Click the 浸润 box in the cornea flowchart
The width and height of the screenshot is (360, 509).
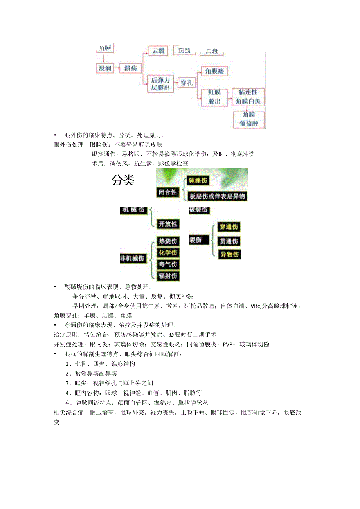tap(105, 68)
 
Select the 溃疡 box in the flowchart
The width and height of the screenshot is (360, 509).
tap(130, 68)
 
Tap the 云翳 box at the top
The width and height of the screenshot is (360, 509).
tap(158, 50)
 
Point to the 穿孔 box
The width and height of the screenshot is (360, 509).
tap(187, 83)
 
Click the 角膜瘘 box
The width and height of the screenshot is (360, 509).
tap(214, 71)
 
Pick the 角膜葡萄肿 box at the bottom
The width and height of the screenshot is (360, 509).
tap(248, 119)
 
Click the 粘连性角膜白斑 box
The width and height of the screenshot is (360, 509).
tap(248, 97)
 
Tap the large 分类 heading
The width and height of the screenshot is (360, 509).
tap(123, 181)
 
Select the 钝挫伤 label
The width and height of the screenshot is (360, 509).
tap(198, 180)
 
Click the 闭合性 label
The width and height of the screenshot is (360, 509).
tap(167, 192)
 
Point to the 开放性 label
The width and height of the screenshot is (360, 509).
tap(167, 224)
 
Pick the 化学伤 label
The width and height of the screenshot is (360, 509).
tap(167, 252)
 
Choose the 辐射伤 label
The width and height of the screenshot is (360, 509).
tap(167, 276)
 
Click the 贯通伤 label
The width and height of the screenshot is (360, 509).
tap(229, 241)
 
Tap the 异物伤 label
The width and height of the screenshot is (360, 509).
tap(229, 254)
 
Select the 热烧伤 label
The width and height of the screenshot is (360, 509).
tap(167, 241)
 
